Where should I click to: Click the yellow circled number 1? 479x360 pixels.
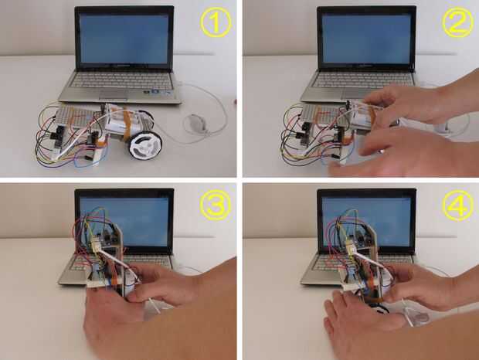coord(216,22)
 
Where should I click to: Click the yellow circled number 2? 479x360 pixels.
coord(457,22)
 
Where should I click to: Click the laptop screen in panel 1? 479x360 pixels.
coord(124,39)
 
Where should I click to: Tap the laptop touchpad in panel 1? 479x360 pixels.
coord(114,94)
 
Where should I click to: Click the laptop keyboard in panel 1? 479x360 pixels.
coord(122,80)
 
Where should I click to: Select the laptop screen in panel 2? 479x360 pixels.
coord(366,39)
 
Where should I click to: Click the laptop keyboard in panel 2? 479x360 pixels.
coord(364,80)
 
